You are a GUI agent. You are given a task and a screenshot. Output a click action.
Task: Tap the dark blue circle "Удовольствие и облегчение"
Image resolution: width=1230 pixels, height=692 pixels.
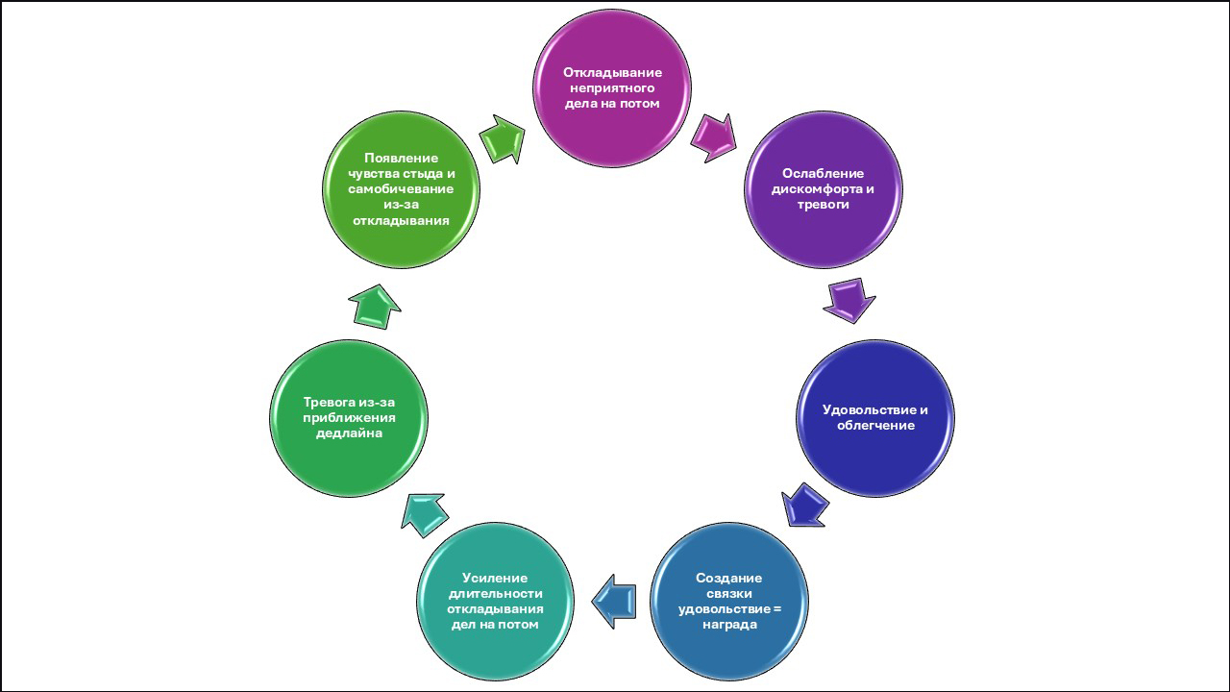(x=875, y=417)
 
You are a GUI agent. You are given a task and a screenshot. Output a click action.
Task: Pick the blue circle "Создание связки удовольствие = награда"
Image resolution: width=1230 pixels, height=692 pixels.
(x=729, y=602)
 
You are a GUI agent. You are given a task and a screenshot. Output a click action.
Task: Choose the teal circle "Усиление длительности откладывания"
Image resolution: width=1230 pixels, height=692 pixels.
(x=495, y=602)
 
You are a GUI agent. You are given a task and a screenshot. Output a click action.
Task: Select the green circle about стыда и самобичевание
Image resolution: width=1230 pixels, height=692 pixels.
(x=401, y=189)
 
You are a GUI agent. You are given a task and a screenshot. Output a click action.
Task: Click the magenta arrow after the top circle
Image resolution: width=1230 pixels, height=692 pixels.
(x=712, y=136)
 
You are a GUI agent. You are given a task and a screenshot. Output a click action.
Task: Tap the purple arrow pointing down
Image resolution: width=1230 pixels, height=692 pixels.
(x=849, y=299)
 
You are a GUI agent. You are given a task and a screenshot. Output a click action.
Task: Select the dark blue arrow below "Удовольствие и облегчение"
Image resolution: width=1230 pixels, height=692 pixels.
(x=805, y=505)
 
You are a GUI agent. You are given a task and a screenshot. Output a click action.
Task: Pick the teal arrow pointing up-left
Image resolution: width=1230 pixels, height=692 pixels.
(x=423, y=513)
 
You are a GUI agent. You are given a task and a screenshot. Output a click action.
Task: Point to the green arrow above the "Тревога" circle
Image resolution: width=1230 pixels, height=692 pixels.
(x=375, y=307)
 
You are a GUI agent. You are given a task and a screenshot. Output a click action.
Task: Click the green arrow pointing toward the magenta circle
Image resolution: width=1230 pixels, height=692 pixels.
(x=502, y=138)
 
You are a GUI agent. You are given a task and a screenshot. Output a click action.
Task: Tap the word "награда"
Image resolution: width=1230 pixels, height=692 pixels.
(x=729, y=625)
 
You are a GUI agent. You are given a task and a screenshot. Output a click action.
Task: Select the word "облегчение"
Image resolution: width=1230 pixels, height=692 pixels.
(x=875, y=425)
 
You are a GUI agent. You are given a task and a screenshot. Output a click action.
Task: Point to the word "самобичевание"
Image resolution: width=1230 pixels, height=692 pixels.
(x=402, y=189)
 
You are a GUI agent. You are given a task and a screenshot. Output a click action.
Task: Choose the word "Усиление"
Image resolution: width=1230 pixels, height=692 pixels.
(x=495, y=578)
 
